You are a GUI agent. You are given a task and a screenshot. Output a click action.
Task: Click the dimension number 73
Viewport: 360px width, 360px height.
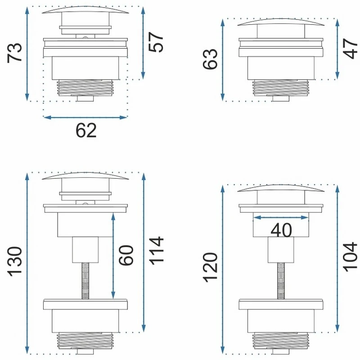(15, 53)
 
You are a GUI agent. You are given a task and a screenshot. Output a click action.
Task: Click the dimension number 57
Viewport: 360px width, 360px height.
(156, 42)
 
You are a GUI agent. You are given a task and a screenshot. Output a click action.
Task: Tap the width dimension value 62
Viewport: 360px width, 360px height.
(86, 130)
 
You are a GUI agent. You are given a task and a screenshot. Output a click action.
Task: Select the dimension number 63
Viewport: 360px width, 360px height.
(210, 59)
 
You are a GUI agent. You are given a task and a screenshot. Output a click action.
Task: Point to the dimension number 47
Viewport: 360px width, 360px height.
(350, 49)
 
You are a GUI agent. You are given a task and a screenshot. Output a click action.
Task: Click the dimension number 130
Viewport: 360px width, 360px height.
(15, 261)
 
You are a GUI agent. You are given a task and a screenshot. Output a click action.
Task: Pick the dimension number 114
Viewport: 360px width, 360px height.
(156, 251)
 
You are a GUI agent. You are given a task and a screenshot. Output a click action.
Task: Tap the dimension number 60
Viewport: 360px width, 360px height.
(126, 255)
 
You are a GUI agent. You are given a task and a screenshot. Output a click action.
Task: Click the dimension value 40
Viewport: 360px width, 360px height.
(281, 230)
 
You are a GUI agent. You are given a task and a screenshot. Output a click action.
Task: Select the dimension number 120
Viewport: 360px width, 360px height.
(210, 267)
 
